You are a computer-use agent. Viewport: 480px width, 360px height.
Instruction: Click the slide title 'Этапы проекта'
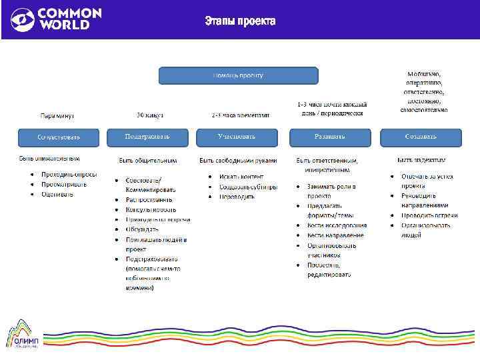click(240, 21)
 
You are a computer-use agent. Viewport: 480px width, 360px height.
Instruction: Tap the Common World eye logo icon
click(22, 19)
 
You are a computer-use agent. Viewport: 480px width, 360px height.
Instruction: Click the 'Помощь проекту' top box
click(238, 75)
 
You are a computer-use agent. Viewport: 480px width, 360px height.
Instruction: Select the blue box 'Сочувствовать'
click(59, 137)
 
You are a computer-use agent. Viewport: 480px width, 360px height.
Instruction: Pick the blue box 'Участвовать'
click(237, 137)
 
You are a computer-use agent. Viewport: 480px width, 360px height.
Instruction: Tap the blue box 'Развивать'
click(330, 137)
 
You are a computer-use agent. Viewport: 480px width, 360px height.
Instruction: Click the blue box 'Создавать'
click(421, 137)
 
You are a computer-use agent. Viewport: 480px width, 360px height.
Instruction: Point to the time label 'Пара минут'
click(57, 115)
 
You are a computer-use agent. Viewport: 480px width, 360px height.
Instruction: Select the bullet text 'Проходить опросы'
click(69, 175)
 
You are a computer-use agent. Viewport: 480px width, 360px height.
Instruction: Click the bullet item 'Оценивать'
click(58, 194)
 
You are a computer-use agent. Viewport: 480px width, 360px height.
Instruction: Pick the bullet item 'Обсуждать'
click(143, 229)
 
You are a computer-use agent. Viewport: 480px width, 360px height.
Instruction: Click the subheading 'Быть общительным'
click(148, 161)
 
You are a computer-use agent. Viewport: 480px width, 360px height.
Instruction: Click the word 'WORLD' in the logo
click(63, 25)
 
